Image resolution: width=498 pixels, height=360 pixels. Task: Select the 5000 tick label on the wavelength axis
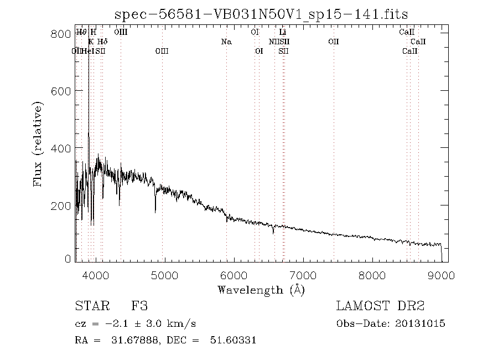164,275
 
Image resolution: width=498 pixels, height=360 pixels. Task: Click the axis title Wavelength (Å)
261,290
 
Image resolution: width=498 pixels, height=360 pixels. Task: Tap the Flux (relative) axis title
38,143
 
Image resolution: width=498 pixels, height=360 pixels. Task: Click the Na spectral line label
226,42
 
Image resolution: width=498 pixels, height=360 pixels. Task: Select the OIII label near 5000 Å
162,51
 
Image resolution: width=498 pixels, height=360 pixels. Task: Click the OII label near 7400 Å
333,42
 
